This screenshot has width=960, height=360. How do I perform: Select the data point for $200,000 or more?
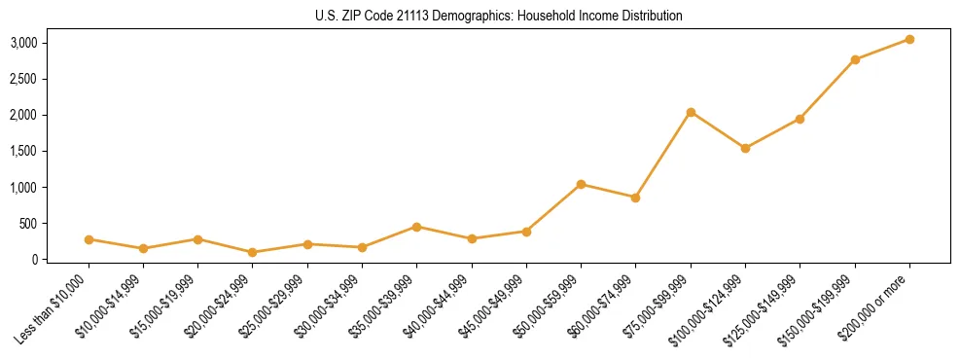[909, 39]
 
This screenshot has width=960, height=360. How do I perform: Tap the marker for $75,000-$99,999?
[691, 112]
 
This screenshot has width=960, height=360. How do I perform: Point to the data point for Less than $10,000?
[89, 239]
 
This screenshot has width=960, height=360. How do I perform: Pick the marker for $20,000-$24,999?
[253, 252]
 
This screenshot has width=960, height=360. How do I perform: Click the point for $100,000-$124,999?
[745, 148]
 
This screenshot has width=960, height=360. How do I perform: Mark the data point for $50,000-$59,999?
[581, 184]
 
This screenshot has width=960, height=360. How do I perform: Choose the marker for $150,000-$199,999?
[855, 59]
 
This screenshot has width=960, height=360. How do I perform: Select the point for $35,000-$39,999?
[416, 227]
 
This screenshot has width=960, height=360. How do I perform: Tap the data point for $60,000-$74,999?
[635, 198]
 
